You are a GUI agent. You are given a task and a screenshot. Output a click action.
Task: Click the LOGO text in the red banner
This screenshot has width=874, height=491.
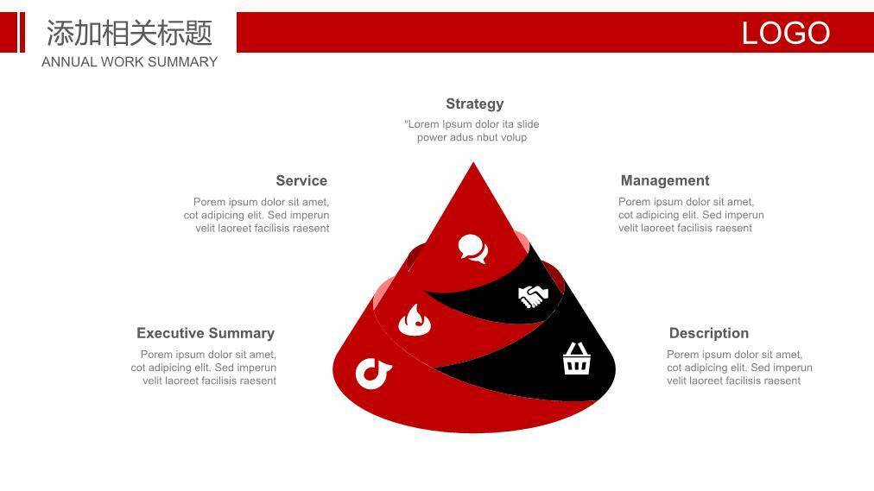click(785, 33)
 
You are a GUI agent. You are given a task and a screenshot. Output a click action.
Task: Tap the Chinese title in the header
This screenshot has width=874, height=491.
click(130, 33)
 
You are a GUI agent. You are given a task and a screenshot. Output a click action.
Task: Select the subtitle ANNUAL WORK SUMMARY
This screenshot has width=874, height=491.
click(130, 62)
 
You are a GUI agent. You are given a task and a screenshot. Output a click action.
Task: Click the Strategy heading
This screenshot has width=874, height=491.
click(474, 104)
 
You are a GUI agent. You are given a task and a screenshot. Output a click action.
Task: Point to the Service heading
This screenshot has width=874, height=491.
click(301, 180)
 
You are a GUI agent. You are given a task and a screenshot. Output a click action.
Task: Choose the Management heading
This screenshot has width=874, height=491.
click(665, 180)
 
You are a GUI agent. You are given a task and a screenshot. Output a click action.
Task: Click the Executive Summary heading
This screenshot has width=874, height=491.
click(206, 333)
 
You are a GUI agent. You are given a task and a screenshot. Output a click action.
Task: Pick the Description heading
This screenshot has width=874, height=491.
click(709, 333)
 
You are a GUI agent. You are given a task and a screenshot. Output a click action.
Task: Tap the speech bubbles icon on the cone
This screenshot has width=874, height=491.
click(473, 249)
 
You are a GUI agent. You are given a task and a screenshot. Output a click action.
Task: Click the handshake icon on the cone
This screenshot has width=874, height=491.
click(533, 296)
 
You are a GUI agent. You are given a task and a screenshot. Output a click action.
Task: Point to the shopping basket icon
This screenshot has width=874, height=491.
click(576, 358)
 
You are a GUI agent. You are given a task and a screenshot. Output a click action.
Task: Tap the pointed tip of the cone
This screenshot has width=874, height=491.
click(473, 162)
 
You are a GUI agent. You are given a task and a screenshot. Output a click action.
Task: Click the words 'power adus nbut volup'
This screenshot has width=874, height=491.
click(472, 137)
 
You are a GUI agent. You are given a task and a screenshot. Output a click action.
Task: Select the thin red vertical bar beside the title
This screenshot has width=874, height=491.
click(22, 32)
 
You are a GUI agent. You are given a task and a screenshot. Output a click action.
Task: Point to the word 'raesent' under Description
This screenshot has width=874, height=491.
click(782, 381)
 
